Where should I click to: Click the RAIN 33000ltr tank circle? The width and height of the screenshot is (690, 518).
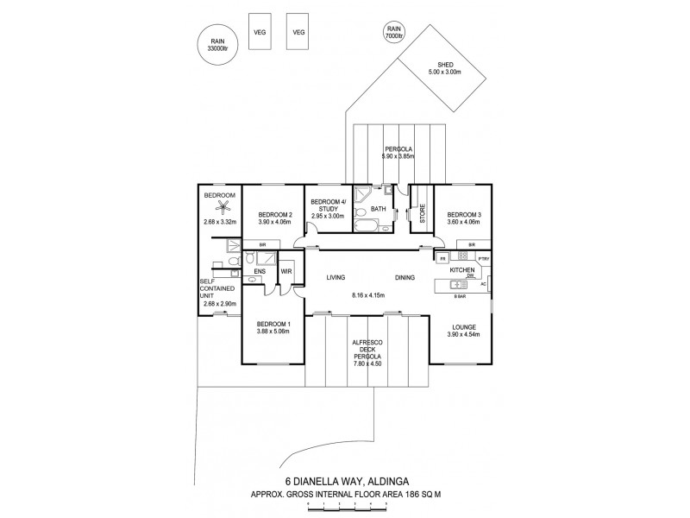pos(217,44)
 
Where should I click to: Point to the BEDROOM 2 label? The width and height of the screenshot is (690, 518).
pos(276,215)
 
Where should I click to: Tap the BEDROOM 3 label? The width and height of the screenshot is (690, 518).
pos(464,215)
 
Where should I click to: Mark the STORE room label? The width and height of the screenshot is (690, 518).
pos(423,213)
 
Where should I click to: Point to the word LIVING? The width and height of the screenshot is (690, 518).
pos(336,278)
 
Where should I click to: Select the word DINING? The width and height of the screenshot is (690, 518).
pos(405,278)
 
